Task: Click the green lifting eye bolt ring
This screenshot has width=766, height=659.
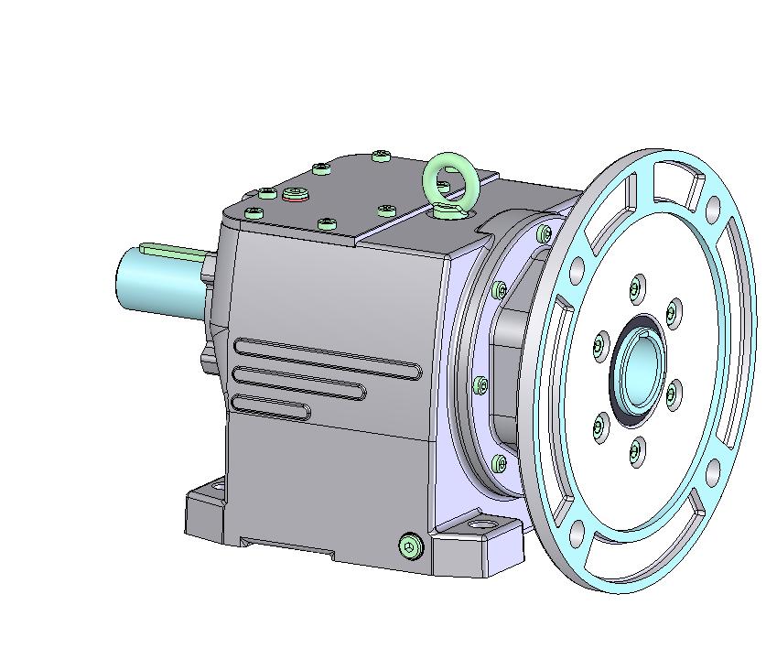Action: tap(449, 180)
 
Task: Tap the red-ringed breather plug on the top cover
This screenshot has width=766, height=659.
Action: tap(295, 193)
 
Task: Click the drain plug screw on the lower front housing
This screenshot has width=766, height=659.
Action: tap(411, 546)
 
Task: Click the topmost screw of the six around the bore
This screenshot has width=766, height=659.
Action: tap(636, 290)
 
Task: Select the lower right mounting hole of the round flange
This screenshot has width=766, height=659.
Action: tap(713, 472)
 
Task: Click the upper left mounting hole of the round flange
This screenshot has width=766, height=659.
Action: tap(576, 271)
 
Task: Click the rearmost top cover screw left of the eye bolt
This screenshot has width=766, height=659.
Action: tap(382, 157)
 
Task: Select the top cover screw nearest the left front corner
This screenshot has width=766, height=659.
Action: tap(254, 213)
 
